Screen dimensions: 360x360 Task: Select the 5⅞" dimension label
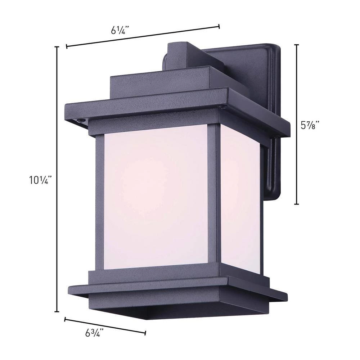pos(310,125)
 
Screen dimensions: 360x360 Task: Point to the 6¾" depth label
pos(95,333)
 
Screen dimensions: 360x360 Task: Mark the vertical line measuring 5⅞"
pos(297,124)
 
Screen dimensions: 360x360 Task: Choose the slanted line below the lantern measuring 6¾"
pos(105,326)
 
